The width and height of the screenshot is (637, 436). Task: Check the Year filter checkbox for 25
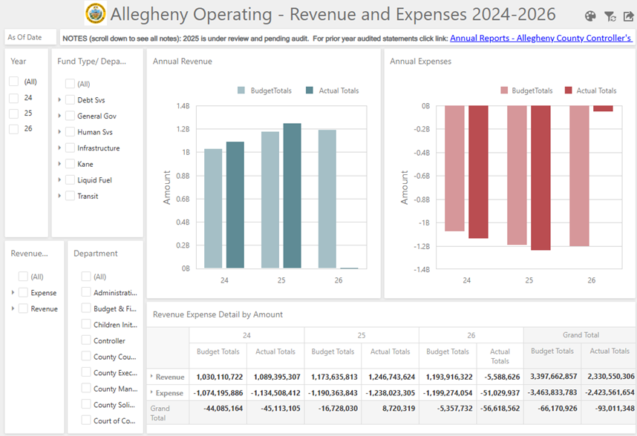[x=14, y=113]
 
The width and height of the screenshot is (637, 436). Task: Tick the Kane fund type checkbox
[x=70, y=164]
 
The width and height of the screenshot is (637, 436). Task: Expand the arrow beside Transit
[x=59, y=196]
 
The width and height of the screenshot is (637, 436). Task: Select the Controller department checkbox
[x=85, y=340]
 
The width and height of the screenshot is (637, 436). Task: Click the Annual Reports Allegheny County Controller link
[x=540, y=38]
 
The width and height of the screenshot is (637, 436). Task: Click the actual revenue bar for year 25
[x=292, y=196]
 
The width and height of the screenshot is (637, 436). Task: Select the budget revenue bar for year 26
[x=327, y=199]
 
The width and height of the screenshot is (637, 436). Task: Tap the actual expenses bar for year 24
[x=478, y=172]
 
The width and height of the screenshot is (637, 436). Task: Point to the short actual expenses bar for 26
[x=603, y=108]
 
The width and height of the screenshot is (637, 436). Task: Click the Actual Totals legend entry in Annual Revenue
[x=333, y=90]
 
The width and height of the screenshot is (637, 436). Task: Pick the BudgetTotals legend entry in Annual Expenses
[x=526, y=90]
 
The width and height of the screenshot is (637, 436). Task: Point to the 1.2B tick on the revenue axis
[x=183, y=129]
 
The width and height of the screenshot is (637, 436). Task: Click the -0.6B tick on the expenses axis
[x=422, y=176]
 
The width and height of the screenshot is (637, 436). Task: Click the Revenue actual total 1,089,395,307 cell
[x=277, y=377]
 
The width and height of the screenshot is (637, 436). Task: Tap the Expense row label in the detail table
[x=169, y=393]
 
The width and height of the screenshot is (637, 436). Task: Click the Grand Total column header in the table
[x=581, y=335]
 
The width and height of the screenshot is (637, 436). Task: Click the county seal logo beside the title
[x=96, y=13]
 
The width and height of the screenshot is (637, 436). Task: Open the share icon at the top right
[x=628, y=16]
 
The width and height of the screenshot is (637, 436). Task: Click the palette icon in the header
[x=590, y=16]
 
